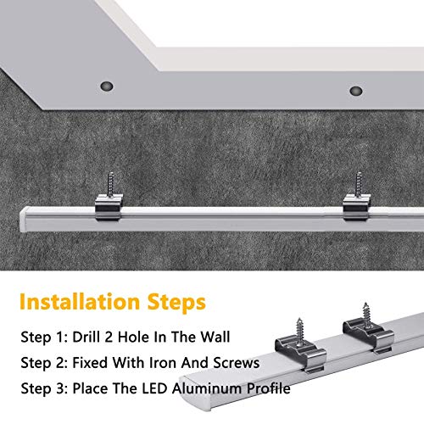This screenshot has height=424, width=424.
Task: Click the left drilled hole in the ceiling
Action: tap(107, 86)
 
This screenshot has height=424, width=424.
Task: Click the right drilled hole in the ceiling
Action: tap(356, 91)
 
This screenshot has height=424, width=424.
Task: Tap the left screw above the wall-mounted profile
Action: tap(110, 183)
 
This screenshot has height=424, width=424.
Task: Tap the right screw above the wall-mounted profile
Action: tap(359, 185)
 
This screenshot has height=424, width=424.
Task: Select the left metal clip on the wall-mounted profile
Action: tap(109, 207)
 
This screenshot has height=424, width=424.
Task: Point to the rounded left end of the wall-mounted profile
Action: tap(25, 220)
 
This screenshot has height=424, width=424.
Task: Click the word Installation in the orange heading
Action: tap(80, 302)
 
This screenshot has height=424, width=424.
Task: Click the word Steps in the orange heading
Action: tap(176, 303)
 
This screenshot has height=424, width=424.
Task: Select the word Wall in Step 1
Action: tap(215, 337)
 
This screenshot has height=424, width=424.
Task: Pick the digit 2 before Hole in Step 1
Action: tap(109, 338)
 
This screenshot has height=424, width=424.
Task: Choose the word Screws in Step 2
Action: tap(236, 363)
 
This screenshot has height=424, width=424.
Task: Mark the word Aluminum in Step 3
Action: tap(207, 388)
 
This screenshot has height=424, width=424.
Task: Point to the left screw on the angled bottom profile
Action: tap(299, 331)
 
